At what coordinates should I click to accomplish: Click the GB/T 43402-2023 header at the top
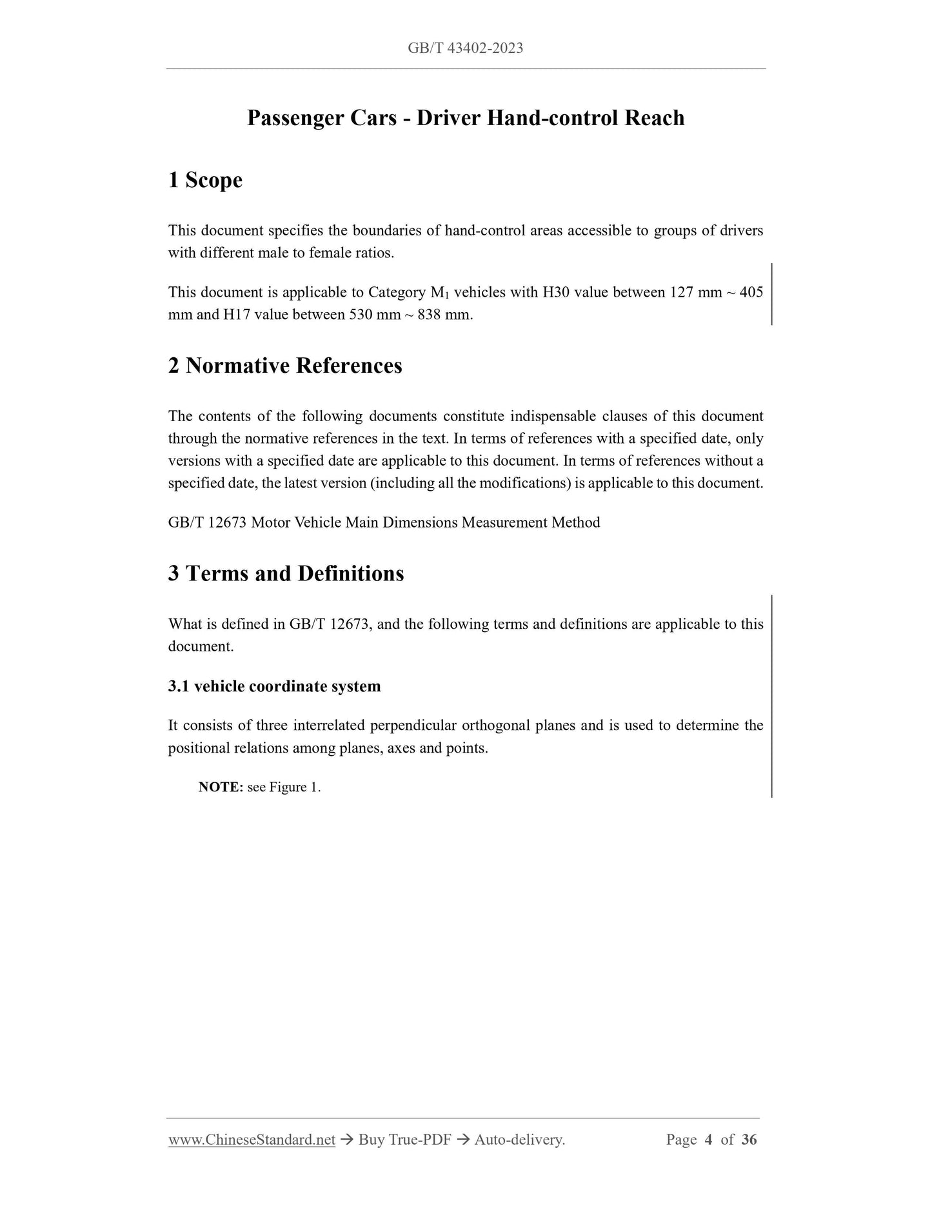pyautogui.click(x=465, y=48)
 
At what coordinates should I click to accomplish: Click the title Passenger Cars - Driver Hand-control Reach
pyautogui.click(x=465, y=118)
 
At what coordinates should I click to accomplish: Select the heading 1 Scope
pyautogui.click(x=205, y=180)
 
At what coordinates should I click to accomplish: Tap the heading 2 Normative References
pyautogui.click(x=284, y=366)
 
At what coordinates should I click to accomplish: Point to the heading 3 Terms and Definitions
pyautogui.click(x=286, y=573)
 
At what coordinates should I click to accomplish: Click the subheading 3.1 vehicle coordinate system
pyautogui.click(x=274, y=686)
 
